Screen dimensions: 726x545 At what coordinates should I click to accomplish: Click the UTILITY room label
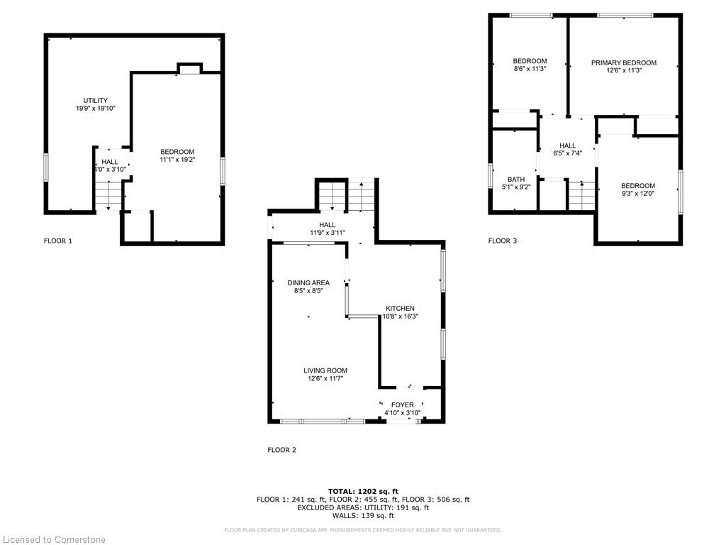point(96,101)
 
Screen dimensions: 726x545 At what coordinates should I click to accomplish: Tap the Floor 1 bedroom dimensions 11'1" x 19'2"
point(177,160)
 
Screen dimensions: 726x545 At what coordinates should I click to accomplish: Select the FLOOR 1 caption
point(58,241)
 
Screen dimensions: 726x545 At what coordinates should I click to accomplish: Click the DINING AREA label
point(308,282)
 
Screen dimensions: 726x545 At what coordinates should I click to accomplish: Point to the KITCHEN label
point(401,308)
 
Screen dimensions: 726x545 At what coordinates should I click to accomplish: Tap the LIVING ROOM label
point(325,370)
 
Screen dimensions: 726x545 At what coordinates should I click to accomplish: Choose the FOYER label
point(403,404)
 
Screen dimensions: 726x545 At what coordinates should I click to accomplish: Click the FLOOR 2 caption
point(282,450)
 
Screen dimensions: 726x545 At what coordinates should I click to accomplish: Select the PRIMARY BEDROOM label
point(624,62)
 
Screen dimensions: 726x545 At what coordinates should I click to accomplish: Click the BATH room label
point(516,180)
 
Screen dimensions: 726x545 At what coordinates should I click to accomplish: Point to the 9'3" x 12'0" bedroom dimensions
point(638,194)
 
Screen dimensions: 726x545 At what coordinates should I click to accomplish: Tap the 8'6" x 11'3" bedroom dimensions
point(530,69)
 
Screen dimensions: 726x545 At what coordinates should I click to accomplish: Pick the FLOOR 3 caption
point(503,241)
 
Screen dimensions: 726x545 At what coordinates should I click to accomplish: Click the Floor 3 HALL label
point(567,145)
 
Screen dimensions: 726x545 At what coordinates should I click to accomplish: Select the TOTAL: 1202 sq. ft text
point(363,491)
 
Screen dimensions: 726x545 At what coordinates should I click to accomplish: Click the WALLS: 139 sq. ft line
point(363,515)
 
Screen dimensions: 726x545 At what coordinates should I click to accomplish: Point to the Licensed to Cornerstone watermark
point(54,539)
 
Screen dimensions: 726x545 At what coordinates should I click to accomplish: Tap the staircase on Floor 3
point(581,196)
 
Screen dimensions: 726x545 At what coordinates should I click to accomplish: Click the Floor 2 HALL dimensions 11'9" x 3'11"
point(328,233)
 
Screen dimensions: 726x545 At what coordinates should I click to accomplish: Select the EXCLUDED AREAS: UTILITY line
point(363,507)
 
